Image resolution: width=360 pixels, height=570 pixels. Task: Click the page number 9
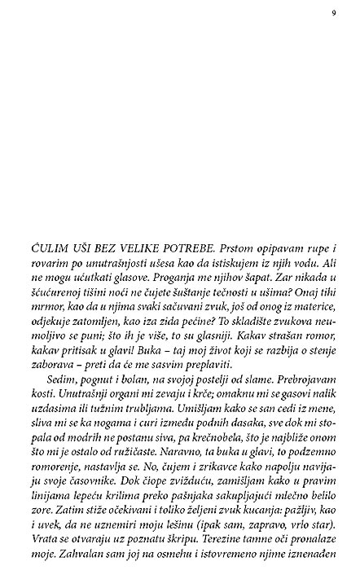[x=335, y=11]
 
